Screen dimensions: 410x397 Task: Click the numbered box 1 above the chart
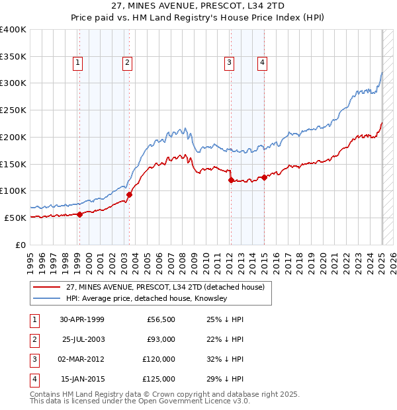click(78, 63)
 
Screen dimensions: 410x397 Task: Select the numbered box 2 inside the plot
click(127, 63)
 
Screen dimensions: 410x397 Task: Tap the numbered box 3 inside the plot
click(229, 63)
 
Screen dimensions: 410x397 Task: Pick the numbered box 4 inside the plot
click(262, 63)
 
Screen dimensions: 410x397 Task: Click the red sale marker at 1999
click(79, 214)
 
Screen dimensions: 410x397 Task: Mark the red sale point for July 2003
click(129, 194)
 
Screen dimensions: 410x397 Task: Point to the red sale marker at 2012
click(230, 180)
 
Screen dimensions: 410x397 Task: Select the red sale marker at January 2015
click(264, 177)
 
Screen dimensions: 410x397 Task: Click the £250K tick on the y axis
click(13, 110)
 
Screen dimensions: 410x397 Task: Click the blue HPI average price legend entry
click(146, 299)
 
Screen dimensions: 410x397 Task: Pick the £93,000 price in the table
click(161, 339)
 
